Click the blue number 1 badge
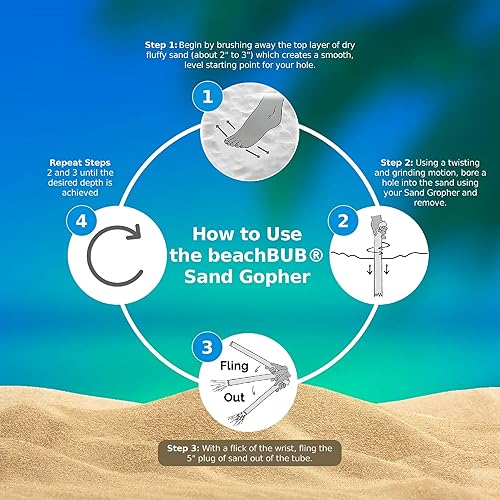tap(207, 98)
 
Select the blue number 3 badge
tap(207, 349)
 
